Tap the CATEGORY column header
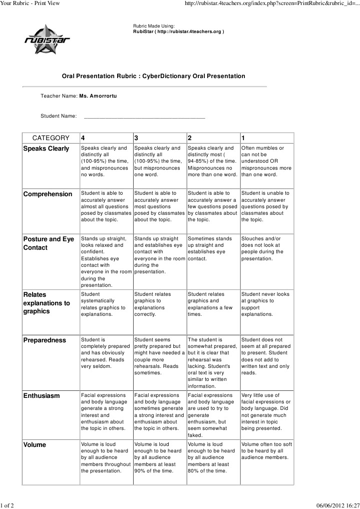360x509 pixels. click(51, 138)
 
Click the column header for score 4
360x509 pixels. click(83, 138)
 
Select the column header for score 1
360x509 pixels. click(243, 138)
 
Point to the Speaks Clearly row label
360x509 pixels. click(47, 149)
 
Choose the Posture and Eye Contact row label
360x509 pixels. click(49, 243)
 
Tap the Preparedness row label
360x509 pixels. click(45, 340)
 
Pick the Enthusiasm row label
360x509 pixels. click(42, 396)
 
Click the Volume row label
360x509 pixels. click(35, 445)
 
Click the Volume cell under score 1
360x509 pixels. click(266, 451)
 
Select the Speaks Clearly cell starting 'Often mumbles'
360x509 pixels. click(266, 161)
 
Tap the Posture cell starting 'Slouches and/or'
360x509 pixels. click(266, 249)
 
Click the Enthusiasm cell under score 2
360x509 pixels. click(212, 415)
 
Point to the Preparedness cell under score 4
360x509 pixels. click(105, 353)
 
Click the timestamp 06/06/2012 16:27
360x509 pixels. click(338, 504)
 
